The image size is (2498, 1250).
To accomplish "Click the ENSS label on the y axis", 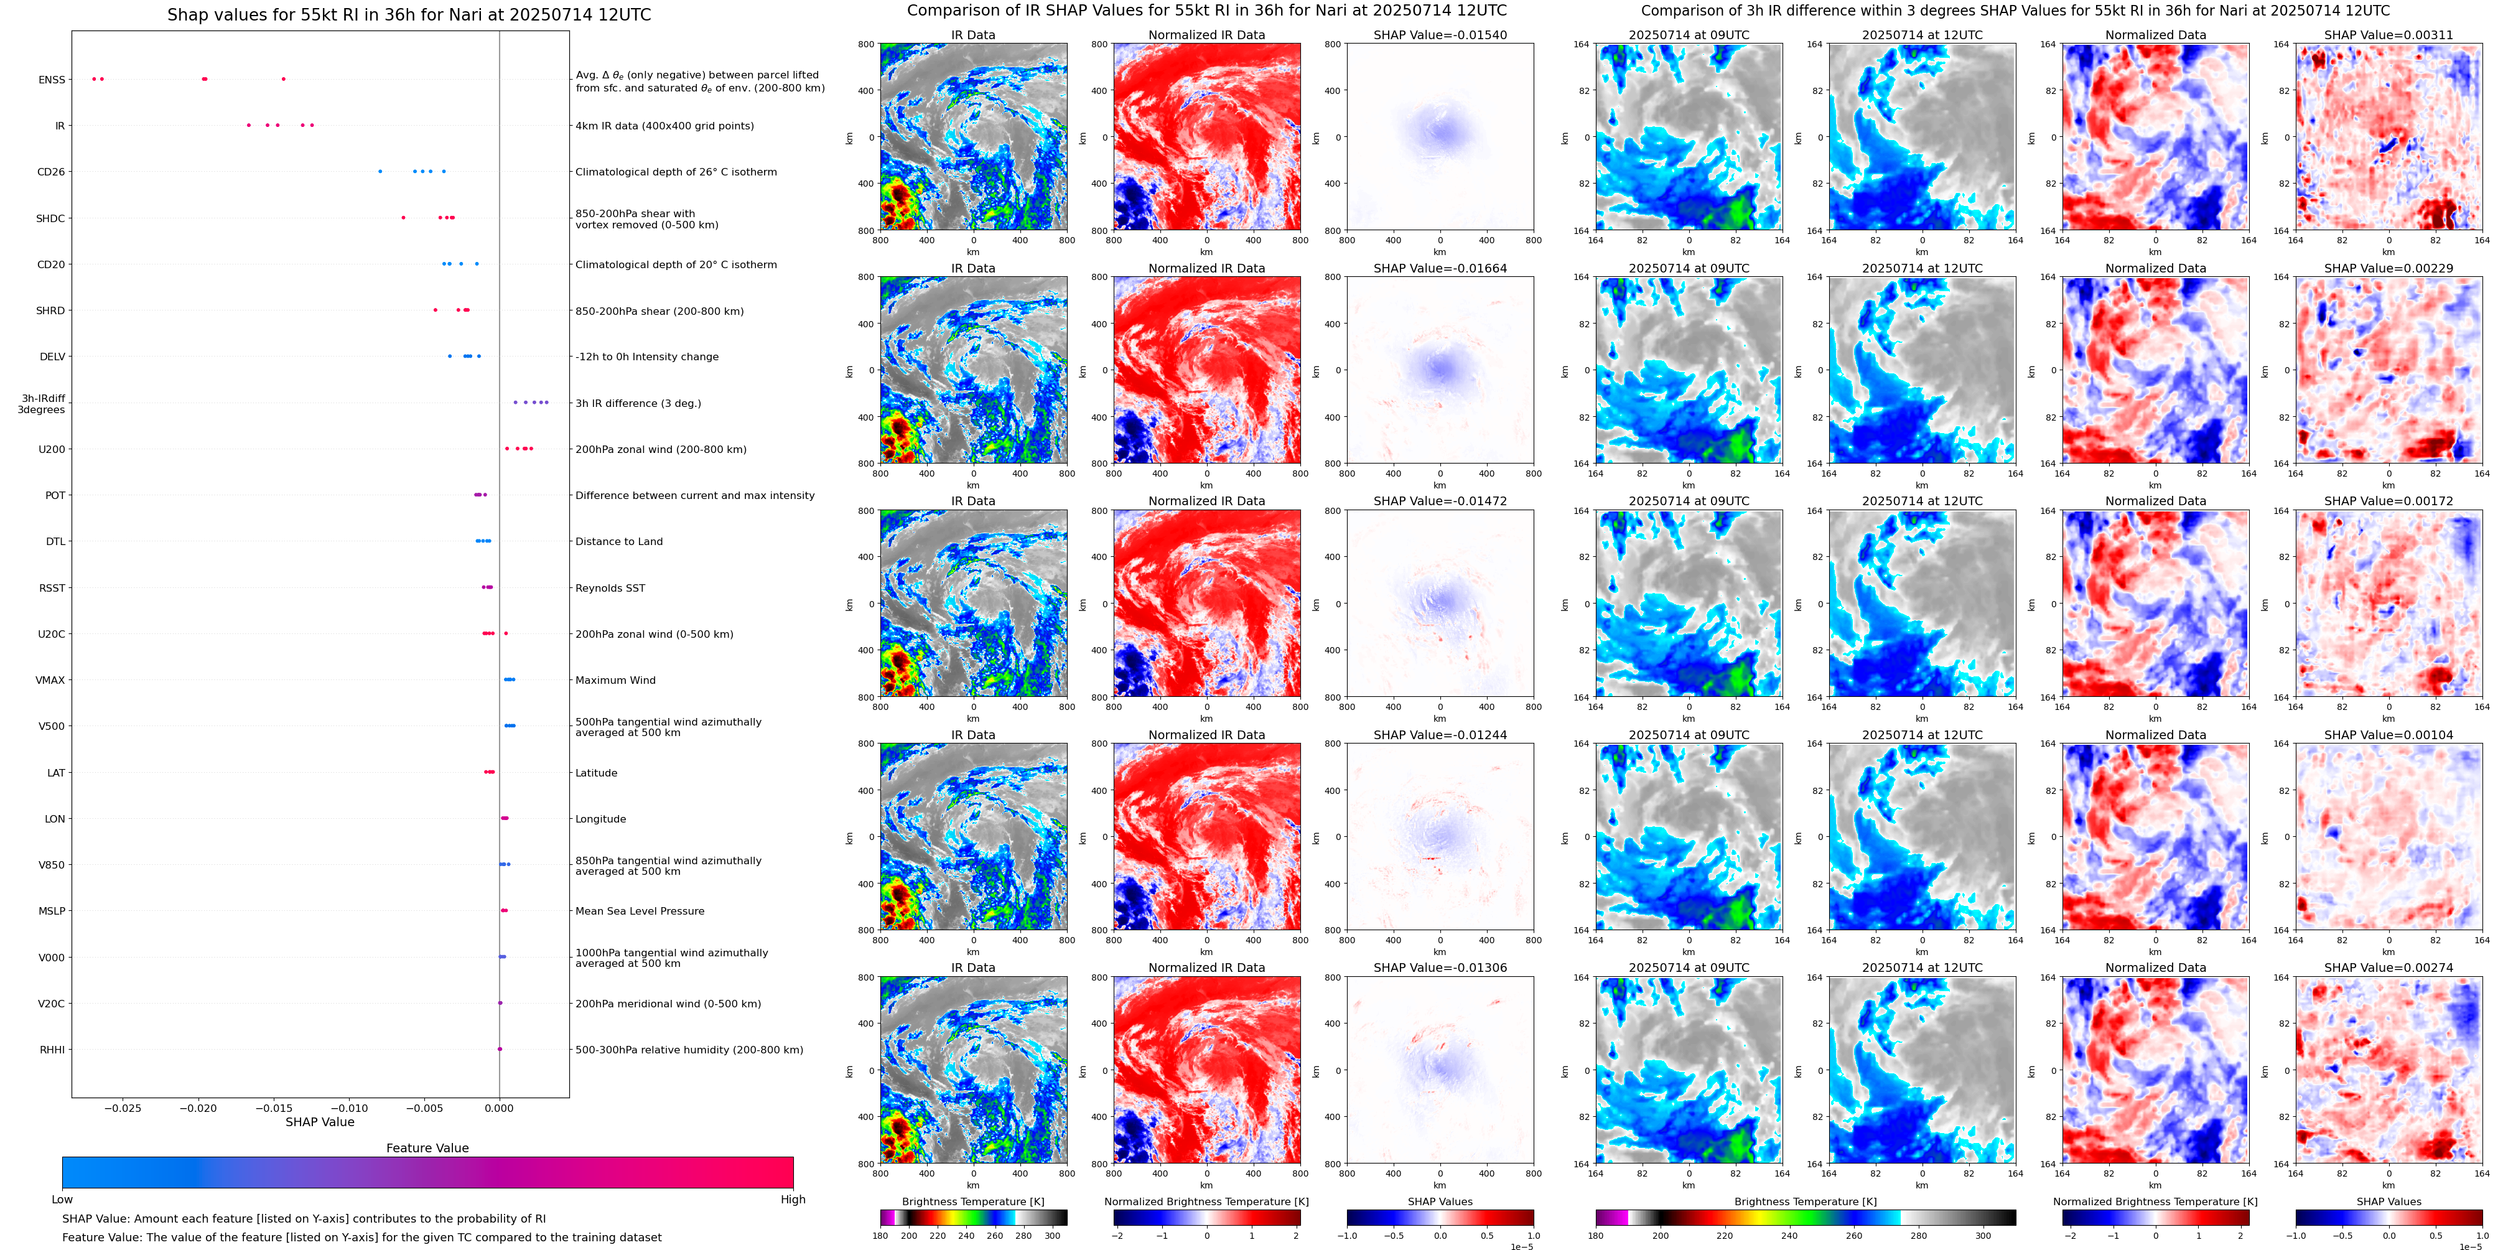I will pos(52,80).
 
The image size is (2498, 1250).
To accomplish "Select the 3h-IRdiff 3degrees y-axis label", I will pos(42,403).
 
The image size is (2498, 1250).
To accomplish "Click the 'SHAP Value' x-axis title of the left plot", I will pos(319,1122).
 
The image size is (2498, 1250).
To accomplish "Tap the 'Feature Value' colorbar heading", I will pos(427,1148).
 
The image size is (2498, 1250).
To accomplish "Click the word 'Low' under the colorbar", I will pos(62,1200).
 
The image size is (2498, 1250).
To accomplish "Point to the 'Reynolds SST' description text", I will pos(610,587).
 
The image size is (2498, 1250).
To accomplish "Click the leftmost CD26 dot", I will pos(380,172).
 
